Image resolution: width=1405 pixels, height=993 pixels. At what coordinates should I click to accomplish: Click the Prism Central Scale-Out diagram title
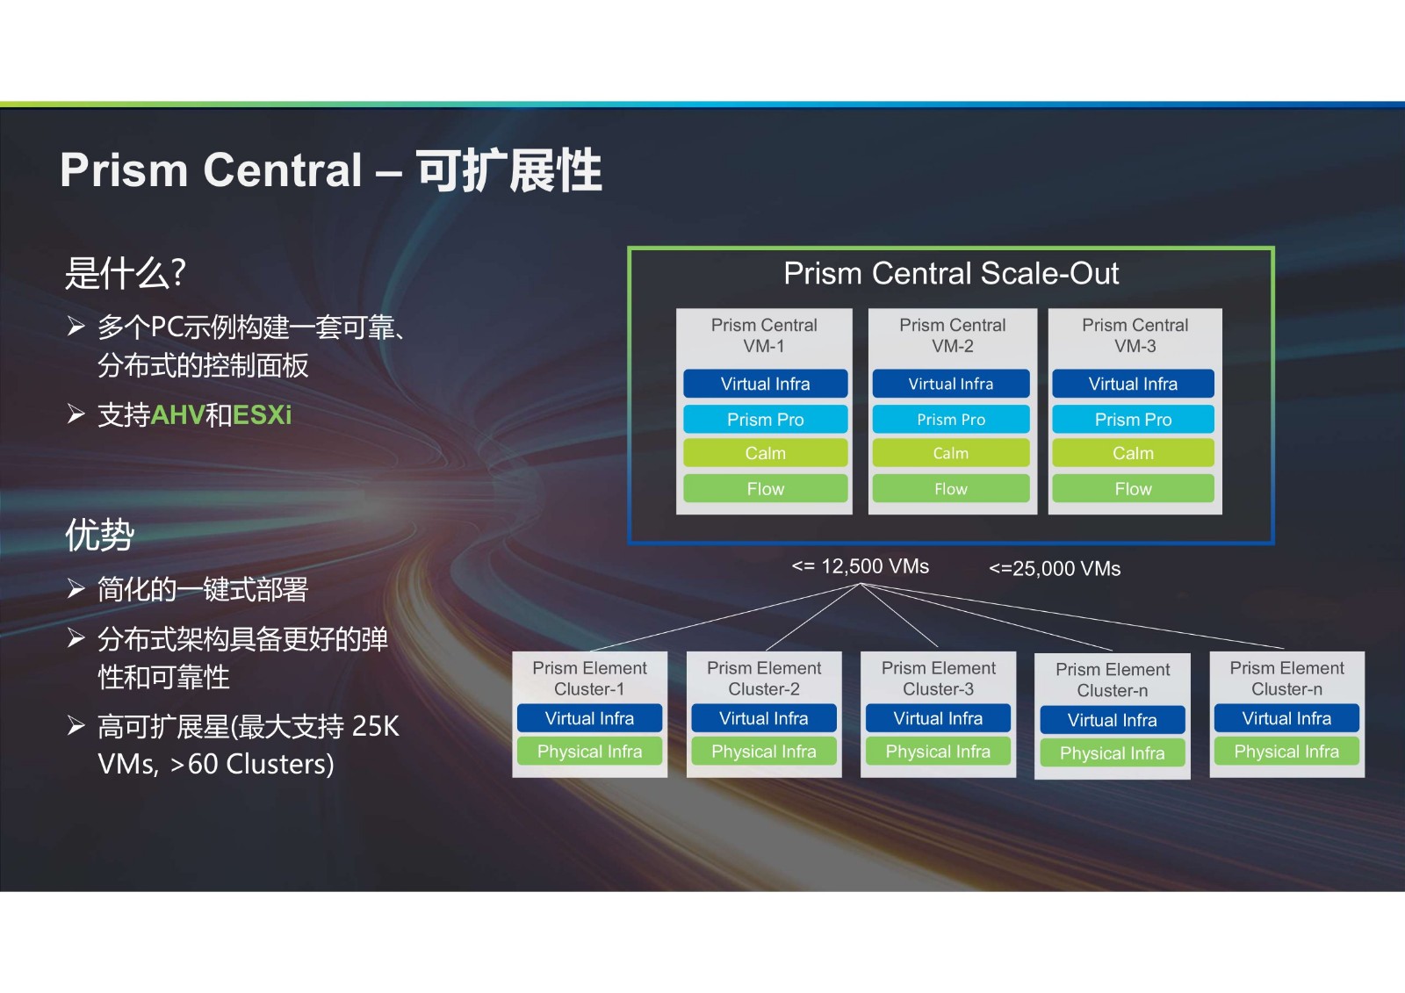(951, 274)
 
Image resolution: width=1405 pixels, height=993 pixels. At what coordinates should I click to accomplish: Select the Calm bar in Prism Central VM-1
(765, 453)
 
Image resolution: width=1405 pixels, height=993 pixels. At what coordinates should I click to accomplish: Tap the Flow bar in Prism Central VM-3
(1133, 489)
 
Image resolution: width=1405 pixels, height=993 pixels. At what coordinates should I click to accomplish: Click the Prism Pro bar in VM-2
(951, 419)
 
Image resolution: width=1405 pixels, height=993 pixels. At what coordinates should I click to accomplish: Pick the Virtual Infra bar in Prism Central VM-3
(1133, 384)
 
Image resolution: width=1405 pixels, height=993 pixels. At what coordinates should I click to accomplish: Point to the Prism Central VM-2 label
(952, 335)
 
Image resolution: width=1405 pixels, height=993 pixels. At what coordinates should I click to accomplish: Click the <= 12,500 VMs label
(860, 566)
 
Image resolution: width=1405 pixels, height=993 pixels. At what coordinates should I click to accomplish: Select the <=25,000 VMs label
(1055, 568)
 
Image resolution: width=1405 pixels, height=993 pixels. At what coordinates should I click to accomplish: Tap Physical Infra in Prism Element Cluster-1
(589, 751)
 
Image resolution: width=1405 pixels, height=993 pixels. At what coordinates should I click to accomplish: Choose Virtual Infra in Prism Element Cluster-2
(764, 718)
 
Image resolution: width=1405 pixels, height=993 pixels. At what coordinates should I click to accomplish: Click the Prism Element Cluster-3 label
(939, 678)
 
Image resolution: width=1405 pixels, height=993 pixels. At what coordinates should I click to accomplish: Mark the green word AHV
(178, 415)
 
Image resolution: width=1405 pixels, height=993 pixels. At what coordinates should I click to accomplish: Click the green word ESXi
(263, 415)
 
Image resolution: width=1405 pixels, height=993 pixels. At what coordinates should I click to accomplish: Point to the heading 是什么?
(126, 274)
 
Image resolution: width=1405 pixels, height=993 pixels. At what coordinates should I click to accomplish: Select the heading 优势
(100, 535)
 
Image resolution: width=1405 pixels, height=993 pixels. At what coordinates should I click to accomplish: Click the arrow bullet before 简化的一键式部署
(76, 588)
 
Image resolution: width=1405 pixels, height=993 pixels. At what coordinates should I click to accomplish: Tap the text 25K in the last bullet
(375, 726)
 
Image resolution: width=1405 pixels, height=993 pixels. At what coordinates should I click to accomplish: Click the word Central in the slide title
(283, 170)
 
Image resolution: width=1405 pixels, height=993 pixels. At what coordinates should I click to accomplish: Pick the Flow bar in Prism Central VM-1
(765, 489)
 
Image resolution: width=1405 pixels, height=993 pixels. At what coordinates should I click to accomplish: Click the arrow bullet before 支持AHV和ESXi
(76, 414)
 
